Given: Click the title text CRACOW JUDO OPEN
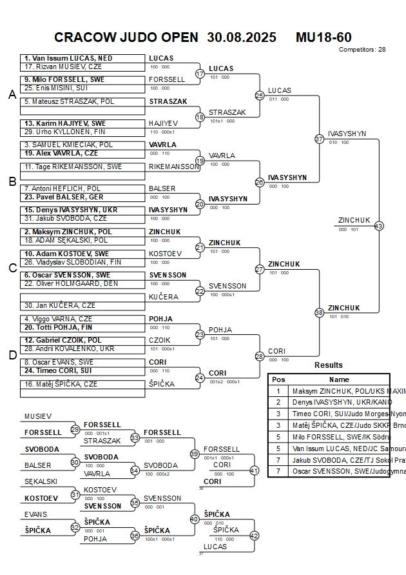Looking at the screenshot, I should [126, 37].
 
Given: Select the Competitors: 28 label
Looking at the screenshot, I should [362, 49].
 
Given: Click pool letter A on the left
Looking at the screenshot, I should [12, 95].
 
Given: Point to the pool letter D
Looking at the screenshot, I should [12, 354].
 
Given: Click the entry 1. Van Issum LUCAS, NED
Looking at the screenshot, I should [68, 58].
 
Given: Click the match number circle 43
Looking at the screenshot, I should [379, 226].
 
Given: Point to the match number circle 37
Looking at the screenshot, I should [319, 139].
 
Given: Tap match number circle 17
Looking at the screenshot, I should [200, 74].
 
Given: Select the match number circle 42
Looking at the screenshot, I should [254, 535].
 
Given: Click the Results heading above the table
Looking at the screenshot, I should [329, 365].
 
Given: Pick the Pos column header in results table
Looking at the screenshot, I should [278, 379].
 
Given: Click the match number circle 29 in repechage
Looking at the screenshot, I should [75, 429].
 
